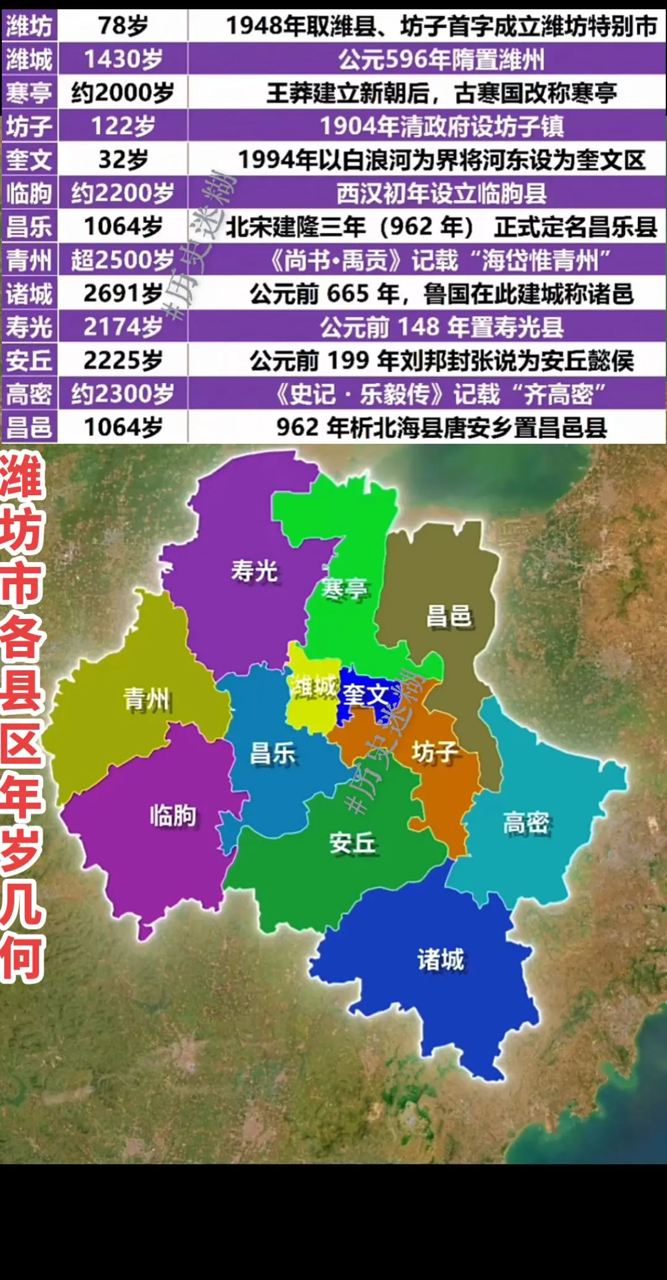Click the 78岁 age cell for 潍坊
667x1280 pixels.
(x=123, y=26)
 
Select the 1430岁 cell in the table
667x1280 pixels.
(x=123, y=59)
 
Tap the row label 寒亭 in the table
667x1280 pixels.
(x=29, y=93)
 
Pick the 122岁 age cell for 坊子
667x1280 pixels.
(x=123, y=126)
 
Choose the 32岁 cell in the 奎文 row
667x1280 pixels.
(x=123, y=160)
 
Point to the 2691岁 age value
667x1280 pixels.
(x=123, y=293)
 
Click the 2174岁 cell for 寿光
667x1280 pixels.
(x=123, y=327)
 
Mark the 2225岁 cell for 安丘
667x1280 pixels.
(x=123, y=360)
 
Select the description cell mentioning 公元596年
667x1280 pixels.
(x=441, y=59)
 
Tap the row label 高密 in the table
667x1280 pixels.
(x=29, y=394)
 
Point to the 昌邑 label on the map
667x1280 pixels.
(x=449, y=616)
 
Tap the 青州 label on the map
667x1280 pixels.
(x=147, y=700)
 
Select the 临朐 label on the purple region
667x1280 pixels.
(x=173, y=815)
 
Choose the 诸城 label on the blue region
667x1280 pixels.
(x=441, y=960)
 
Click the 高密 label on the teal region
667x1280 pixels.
(x=526, y=823)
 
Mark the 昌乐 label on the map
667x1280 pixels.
(x=272, y=755)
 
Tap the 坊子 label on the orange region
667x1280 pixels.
(x=435, y=752)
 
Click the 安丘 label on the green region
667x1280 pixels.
(x=352, y=843)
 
